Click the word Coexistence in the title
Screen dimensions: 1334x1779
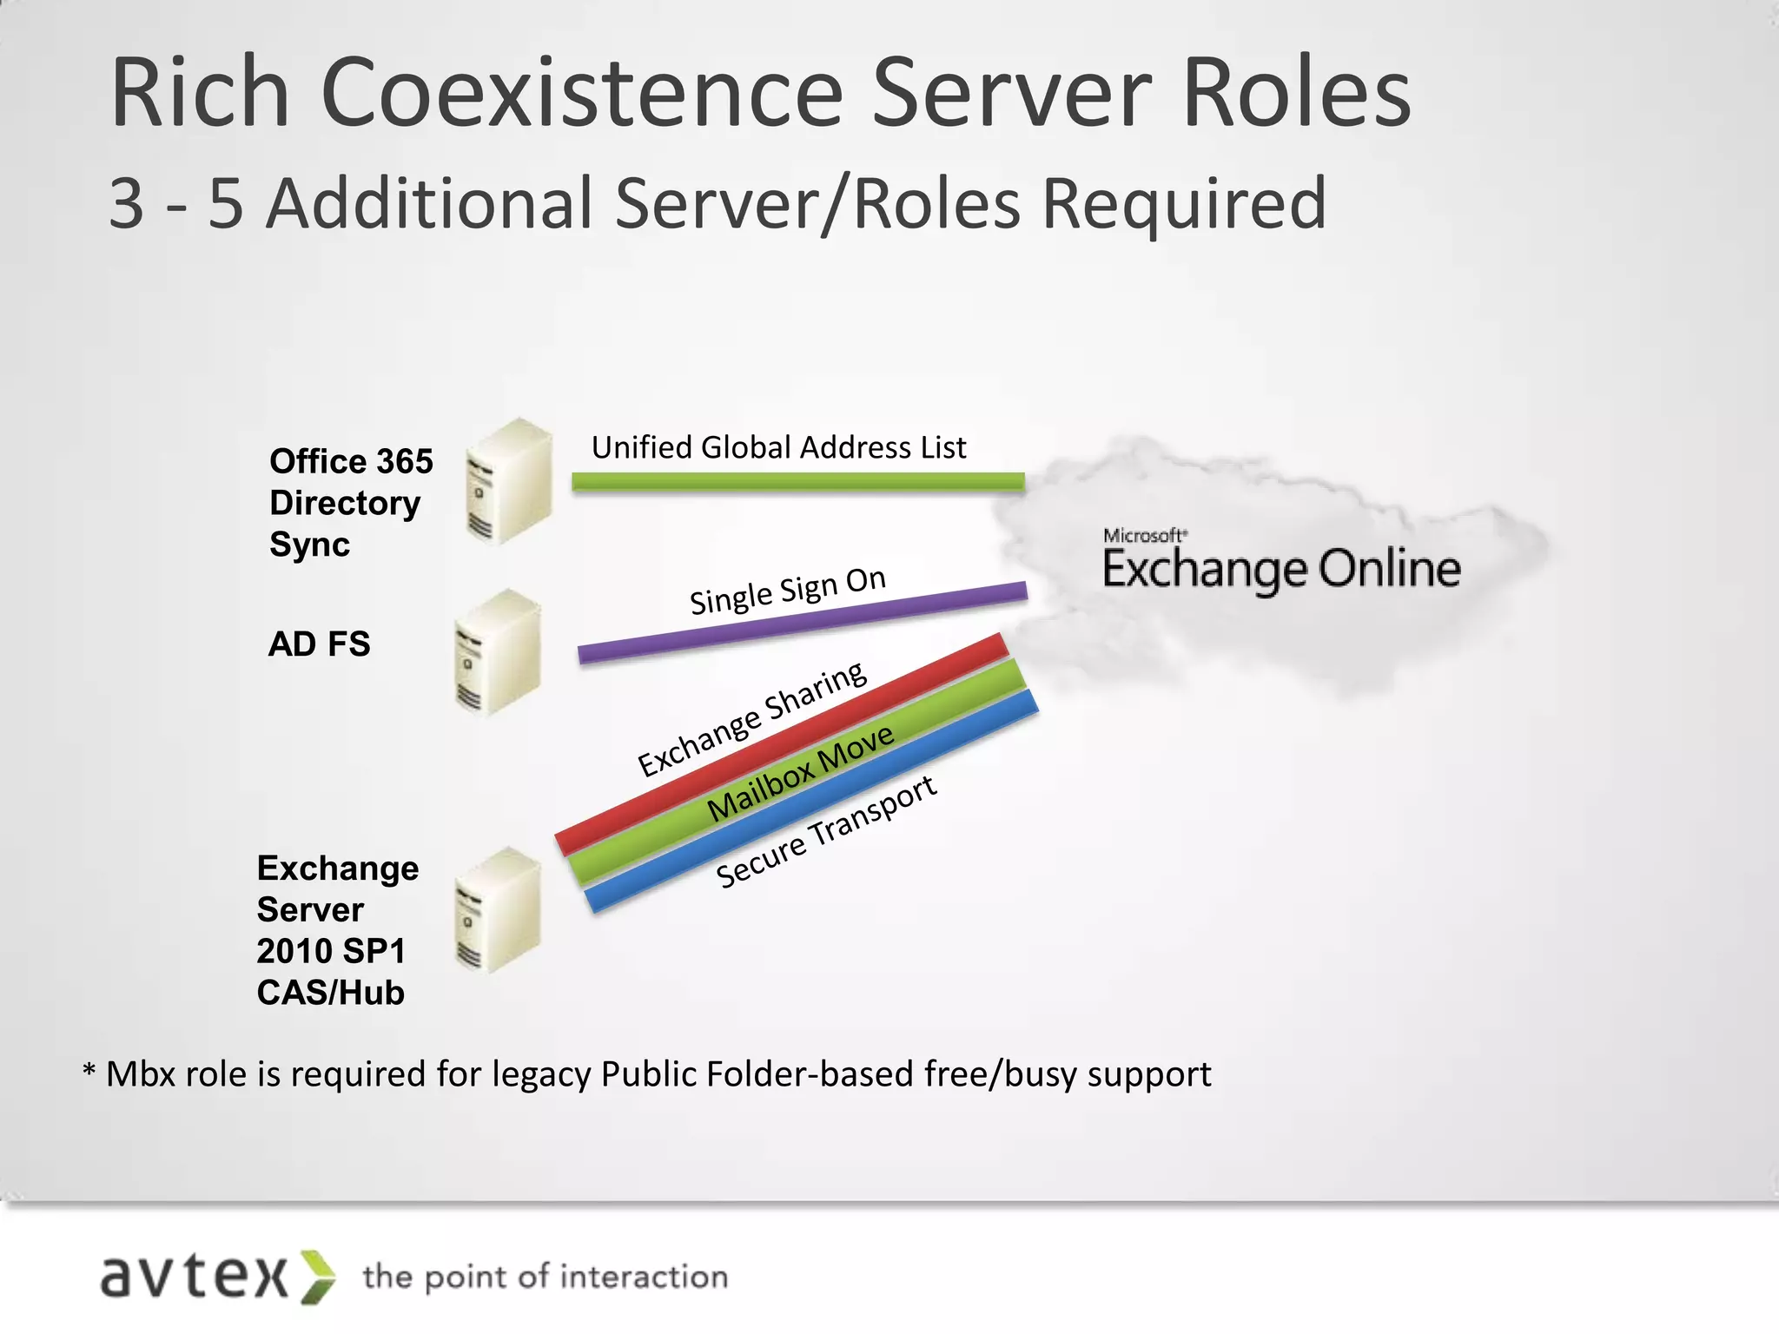582,93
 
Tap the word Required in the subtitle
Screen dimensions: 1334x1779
1183,204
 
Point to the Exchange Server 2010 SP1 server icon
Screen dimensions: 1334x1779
498,909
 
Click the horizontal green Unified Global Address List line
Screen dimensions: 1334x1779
797,481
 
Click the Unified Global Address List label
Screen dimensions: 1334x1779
778,447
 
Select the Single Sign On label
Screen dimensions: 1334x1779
787,591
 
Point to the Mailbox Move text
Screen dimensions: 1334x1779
800,772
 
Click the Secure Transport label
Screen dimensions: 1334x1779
825,832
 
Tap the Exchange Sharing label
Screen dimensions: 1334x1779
752,718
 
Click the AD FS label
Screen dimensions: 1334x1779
319,644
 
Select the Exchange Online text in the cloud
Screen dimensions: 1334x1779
1281,570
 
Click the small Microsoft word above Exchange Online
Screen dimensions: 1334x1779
1144,535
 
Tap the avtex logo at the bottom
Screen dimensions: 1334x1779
217,1277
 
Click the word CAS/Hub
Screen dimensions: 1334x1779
330,993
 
